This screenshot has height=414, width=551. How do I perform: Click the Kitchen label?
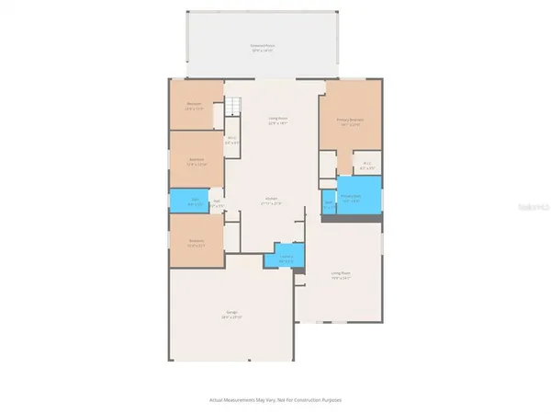click(272, 199)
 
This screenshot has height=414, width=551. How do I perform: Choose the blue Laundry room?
click(286, 258)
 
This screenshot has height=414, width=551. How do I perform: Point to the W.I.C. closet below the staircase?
click(232, 141)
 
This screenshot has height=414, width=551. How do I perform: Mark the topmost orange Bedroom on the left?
click(195, 106)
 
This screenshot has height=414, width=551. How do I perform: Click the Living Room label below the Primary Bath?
click(342, 272)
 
